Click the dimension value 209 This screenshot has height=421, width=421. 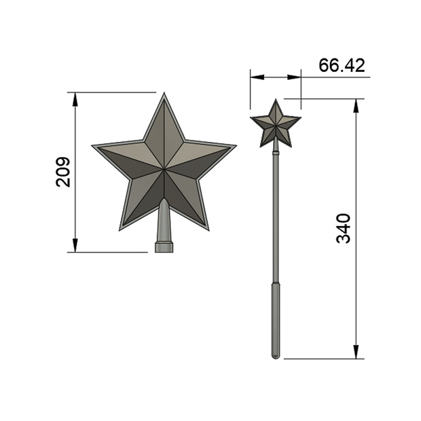(x=63, y=172)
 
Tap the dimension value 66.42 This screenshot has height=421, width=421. (x=342, y=65)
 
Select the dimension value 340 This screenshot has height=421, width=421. (x=344, y=228)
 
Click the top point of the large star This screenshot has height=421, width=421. (x=164, y=93)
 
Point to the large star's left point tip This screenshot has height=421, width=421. (x=92, y=145)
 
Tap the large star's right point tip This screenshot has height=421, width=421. (x=236, y=145)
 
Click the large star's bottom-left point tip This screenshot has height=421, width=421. (x=120, y=230)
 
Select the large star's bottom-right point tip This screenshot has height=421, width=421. (x=208, y=230)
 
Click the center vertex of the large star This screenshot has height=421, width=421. (x=164, y=169)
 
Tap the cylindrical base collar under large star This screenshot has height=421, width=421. (x=164, y=247)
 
